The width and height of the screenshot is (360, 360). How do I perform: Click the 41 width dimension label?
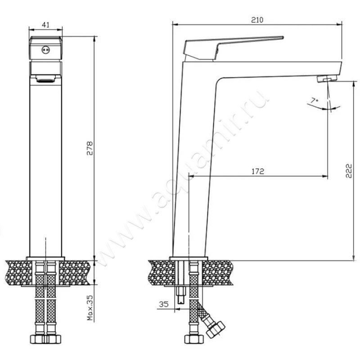click(x=46, y=25)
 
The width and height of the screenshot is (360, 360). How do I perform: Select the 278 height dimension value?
click(x=90, y=148)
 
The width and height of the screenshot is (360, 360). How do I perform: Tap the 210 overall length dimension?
click(x=257, y=20)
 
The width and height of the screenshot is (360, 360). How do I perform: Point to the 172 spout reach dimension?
click(x=258, y=171)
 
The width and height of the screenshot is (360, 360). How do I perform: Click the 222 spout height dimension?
click(x=348, y=171)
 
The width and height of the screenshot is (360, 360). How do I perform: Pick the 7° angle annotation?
click(x=315, y=100)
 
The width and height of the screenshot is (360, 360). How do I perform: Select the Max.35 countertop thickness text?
click(x=90, y=308)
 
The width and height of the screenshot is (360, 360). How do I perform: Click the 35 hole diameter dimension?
click(x=164, y=304)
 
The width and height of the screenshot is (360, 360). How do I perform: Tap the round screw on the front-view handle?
click(x=45, y=50)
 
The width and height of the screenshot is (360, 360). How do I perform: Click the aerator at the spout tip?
click(x=327, y=78)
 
